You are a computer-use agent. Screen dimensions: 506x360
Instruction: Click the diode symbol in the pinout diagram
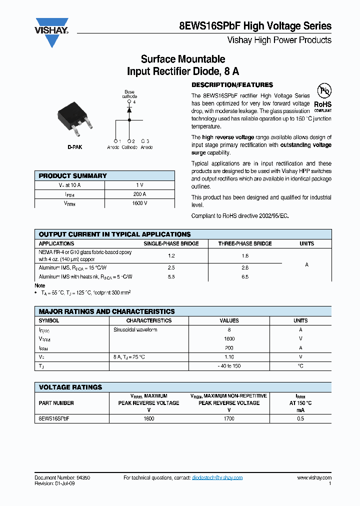(x=129, y=108)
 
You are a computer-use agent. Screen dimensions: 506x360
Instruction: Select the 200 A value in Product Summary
(x=139, y=194)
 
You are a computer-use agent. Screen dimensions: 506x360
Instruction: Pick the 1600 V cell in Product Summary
(x=139, y=203)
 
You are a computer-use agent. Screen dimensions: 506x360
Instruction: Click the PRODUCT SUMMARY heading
(x=73, y=176)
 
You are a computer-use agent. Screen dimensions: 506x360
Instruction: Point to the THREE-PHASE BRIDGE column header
(x=245, y=243)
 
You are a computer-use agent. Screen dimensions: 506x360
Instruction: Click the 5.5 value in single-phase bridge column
(x=171, y=276)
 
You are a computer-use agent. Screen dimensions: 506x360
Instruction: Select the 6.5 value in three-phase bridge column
(x=245, y=276)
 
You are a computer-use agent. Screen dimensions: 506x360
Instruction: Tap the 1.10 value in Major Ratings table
(x=229, y=357)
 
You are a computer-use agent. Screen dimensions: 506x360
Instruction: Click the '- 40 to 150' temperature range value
(x=229, y=366)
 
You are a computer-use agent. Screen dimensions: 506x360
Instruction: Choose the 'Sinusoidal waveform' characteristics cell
(x=135, y=329)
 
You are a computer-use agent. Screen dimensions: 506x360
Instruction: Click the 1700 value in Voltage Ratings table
(x=229, y=418)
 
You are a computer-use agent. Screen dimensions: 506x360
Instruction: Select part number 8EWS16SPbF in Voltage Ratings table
(x=53, y=418)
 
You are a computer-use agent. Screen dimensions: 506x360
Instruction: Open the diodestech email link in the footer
(x=217, y=478)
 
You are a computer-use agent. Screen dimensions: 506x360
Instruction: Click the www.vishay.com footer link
(x=313, y=478)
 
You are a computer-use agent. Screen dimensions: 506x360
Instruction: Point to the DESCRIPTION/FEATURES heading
(x=232, y=85)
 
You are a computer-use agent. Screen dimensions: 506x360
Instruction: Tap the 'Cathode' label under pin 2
(x=129, y=147)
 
